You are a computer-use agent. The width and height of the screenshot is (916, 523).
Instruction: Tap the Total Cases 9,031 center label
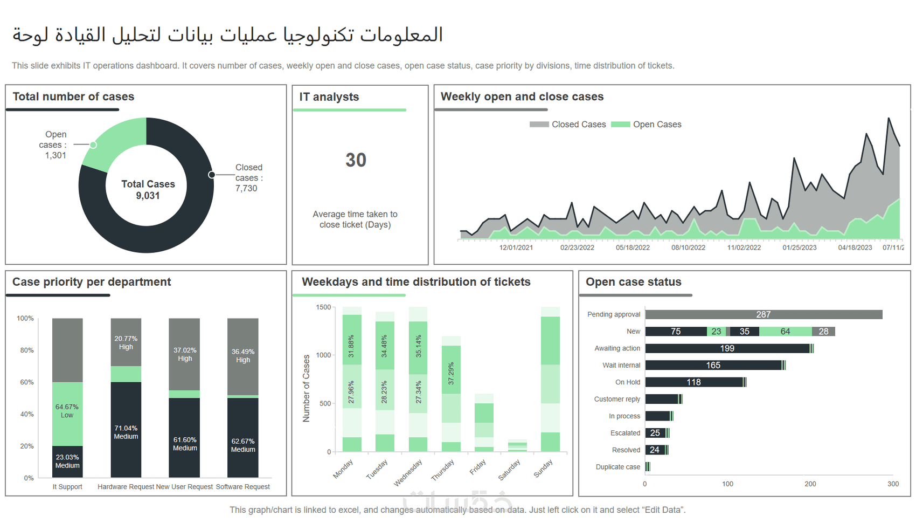(x=148, y=190)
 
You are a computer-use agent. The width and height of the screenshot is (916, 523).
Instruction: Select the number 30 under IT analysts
(x=356, y=160)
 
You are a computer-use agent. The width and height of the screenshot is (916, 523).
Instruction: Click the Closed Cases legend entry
(x=568, y=125)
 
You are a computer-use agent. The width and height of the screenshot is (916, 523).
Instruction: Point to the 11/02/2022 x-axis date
(x=744, y=247)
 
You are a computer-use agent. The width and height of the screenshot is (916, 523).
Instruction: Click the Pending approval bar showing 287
(x=763, y=314)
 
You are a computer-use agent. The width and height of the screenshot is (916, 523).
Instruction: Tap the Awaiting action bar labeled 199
(x=727, y=348)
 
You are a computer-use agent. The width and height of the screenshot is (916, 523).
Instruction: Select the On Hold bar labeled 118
(x=693, y=382)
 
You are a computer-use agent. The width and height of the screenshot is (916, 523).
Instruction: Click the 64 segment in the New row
(x=785, y=332)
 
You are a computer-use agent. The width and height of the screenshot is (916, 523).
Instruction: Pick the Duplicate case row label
(x=617, y=467)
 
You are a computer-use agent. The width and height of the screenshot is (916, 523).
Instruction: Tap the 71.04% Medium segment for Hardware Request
(x=126, y=431)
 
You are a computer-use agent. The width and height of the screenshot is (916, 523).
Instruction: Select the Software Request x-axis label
(x=242, y=487)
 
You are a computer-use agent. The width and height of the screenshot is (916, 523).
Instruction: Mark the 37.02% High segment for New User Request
(x=184, y=354)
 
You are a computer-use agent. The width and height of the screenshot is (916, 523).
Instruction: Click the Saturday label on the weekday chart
(x=509, y=470)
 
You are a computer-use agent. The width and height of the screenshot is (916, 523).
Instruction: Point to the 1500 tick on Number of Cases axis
(x=323, y=307)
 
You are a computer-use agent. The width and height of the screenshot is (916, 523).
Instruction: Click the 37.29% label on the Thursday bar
(x=451, y=373)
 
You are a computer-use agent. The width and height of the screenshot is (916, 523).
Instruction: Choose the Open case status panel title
(x=633, y=282)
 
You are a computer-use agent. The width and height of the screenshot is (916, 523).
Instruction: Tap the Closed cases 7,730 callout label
(x=248, y=178)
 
